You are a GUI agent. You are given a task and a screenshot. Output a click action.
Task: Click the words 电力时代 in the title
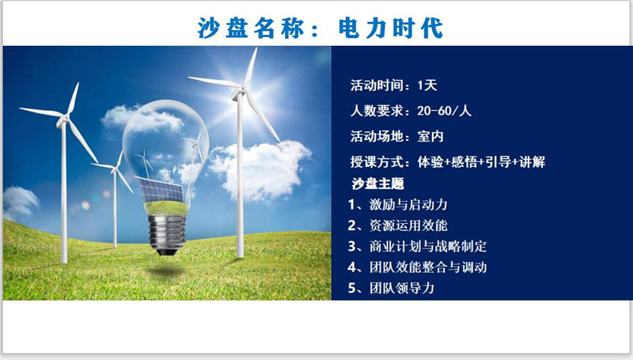point(391,28)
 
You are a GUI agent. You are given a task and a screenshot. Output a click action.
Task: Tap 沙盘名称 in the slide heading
point(250,28)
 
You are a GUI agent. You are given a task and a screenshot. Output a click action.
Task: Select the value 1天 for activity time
point(427,85)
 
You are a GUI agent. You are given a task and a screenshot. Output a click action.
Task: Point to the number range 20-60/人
point(444,111)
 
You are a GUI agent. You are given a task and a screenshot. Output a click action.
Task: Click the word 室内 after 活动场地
point(430,136)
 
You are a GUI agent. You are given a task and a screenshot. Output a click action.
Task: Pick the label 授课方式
point(377,162)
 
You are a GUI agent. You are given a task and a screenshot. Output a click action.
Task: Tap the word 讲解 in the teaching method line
point(532,162)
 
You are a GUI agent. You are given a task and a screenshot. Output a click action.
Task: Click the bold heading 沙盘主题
point(377,184)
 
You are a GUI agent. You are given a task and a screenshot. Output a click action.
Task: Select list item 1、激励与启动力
point(398,205)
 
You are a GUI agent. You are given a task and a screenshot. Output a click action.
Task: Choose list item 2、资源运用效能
point(398,225)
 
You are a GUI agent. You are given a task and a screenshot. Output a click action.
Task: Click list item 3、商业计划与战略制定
point(418,246)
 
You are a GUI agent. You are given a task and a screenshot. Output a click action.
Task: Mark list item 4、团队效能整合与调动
point(418,267)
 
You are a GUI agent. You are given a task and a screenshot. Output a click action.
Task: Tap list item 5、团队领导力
point(391,288)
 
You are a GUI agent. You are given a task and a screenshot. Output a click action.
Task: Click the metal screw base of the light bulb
point(167,234)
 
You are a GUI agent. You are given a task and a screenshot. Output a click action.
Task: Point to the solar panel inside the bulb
point(160,190)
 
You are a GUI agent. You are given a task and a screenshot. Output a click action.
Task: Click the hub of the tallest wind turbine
point(239,93)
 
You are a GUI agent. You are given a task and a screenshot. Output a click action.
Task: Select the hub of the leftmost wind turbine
point(63,119)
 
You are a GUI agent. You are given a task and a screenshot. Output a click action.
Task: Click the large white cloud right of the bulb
point(260,169)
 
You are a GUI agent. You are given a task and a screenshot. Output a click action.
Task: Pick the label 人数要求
point(377,111)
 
